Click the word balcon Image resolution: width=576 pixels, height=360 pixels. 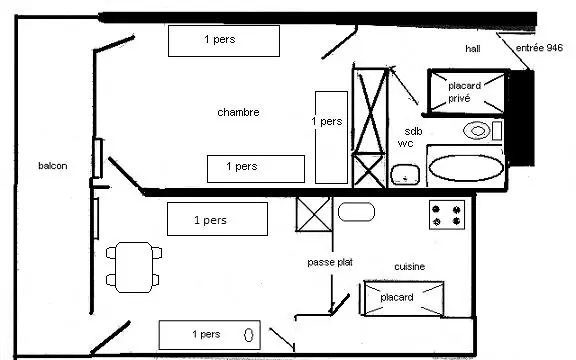[53, 166]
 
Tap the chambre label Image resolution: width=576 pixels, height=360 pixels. [238, 112]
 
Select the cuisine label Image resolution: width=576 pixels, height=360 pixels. [410, 266]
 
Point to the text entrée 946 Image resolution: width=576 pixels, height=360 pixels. [539, 48]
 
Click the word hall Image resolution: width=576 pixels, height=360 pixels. [473, 48]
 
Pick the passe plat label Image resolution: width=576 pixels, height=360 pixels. [330, 262]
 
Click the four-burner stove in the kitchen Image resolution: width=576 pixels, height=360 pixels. [447, 215]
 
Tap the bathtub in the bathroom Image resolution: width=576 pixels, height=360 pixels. [466, 168]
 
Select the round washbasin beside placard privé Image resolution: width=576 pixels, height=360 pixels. [476, 130]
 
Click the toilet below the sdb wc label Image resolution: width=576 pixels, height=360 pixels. [405, 174]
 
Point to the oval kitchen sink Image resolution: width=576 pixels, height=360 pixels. [356, 212]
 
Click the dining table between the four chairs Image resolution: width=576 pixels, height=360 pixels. [134, 267]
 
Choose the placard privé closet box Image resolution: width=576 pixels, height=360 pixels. [468, 92]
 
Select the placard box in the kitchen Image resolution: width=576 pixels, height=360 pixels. [403, 298]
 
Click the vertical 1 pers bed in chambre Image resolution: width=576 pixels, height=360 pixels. [331, 137]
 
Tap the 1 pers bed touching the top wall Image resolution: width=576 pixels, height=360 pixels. [224, 41]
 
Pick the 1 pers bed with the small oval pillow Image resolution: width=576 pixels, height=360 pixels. [210, 335]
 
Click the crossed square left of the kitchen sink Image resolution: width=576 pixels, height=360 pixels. [314, 215]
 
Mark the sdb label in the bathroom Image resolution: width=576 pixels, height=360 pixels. [413, 131]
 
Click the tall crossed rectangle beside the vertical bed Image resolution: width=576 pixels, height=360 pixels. [370, 111]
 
